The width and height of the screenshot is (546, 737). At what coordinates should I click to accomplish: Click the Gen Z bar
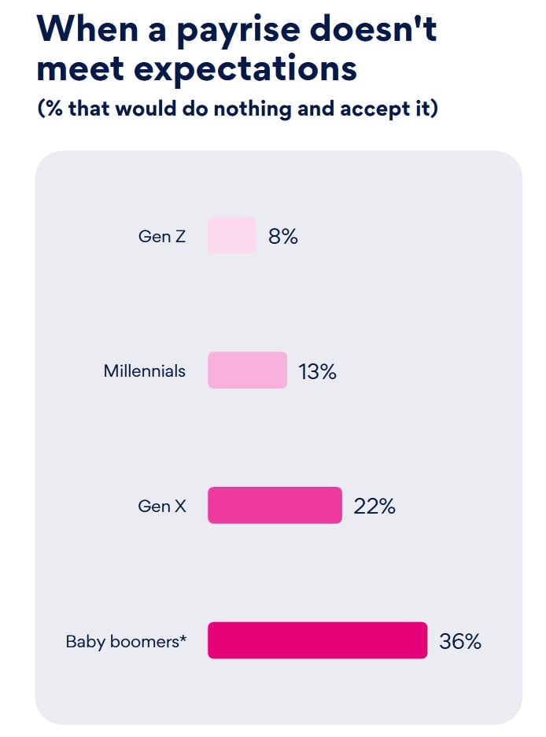[232, 235]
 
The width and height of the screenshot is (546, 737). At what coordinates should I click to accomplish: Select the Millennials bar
[247, 370]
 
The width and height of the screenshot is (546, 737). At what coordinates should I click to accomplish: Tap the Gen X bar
[275, 505]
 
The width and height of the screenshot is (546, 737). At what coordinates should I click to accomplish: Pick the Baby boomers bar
[317, 640]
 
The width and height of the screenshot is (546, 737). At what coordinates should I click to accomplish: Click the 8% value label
[283, 236]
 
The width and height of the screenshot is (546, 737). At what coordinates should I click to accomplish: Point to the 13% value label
[317, 371]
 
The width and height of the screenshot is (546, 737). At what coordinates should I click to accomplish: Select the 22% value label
[374, 507]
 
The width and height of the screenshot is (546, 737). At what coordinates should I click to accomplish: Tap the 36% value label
[460, 641]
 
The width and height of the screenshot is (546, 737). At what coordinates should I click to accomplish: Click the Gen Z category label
[162, 236]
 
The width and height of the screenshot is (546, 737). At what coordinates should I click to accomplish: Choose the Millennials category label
[145, 370]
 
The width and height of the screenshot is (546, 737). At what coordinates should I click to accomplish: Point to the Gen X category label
[162, 506]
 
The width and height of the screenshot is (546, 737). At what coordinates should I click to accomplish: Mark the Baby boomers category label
[123, 642]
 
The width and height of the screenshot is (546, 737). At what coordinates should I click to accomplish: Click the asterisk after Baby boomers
[183, 638]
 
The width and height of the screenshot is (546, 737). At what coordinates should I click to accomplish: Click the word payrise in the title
[238, 31]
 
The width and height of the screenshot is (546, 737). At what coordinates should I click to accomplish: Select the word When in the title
[87, 28]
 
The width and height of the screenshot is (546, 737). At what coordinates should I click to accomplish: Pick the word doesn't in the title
[374, 28]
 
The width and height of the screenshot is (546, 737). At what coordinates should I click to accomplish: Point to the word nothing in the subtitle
[253, 109]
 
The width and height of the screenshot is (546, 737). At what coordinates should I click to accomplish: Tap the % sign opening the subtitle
[54, 109]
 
